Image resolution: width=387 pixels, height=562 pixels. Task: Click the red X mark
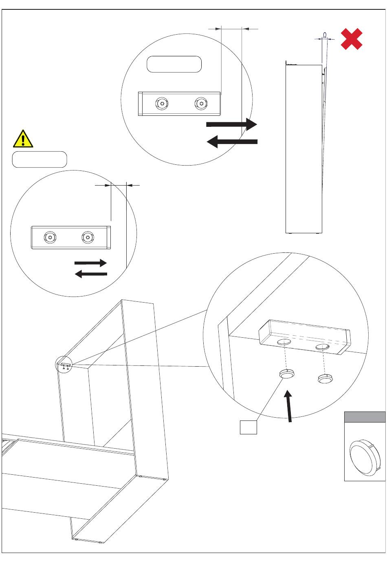coord(352,39)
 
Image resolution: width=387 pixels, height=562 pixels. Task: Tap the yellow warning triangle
coord(23,139)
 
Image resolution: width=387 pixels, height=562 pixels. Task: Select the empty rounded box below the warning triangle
coord(40,159)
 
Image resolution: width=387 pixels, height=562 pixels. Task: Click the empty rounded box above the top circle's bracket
coord(174,64)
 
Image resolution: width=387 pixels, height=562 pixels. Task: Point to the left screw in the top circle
coord(162,104)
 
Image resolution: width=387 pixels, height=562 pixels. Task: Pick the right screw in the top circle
coord(201,104)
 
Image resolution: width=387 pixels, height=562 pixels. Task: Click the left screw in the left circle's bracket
coord(50,237)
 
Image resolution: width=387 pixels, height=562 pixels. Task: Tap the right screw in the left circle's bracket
coord(88,237)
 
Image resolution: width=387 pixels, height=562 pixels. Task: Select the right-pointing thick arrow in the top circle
coord(231,124)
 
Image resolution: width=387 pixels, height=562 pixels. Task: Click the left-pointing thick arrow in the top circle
coord(232,142)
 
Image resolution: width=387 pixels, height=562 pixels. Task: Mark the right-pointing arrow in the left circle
coord(90,263)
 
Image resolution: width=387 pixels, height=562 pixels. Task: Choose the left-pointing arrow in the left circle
coord(91,274)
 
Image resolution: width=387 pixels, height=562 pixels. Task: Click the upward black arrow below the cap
coord(289,406)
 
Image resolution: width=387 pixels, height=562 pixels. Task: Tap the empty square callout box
coord(248,427)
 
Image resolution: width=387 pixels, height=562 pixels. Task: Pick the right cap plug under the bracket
coord(325,379)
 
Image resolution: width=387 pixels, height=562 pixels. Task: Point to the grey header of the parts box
coord(365,417)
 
